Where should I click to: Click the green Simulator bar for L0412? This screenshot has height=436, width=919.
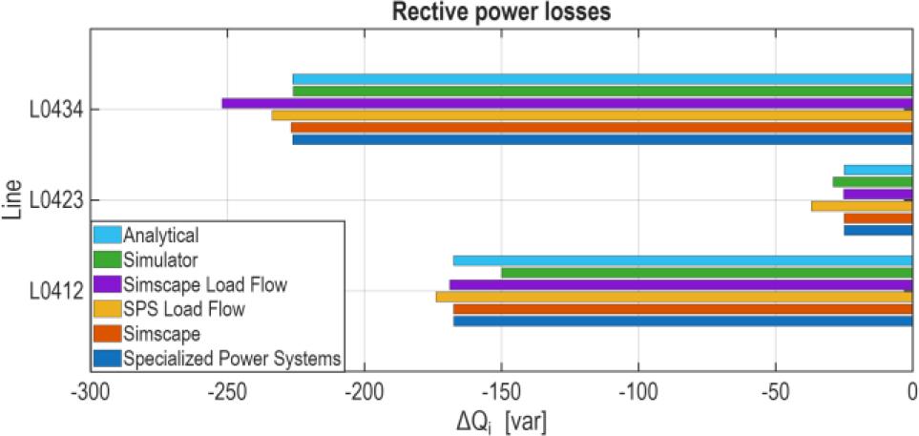pos(706,273)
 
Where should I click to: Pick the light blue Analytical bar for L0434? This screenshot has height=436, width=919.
pos(602,79)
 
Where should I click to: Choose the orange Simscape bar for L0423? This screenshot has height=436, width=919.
pos(878,218)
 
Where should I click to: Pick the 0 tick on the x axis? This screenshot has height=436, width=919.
pos(912,390)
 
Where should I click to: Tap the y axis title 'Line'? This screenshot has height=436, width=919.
pos(12,201)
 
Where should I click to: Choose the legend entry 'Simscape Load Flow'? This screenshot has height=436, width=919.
pos(205,284)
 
